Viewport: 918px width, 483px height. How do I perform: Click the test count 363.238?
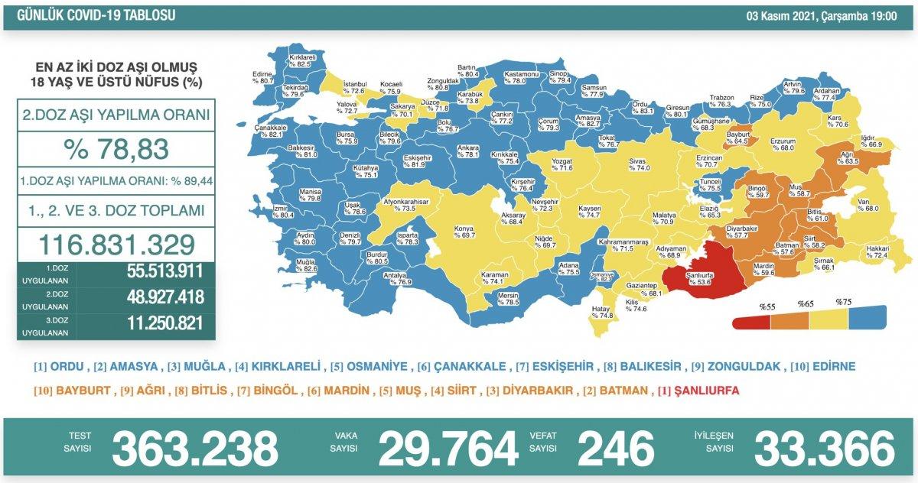pyautogui.click(x=194, y=448)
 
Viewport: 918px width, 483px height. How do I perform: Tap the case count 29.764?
pyautogui.click(x=448, y=448)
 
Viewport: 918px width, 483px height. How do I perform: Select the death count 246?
pyautogui.click(x=617, y=448)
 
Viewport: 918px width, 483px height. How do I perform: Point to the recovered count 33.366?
pyautogui.click(x=824, y=448)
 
